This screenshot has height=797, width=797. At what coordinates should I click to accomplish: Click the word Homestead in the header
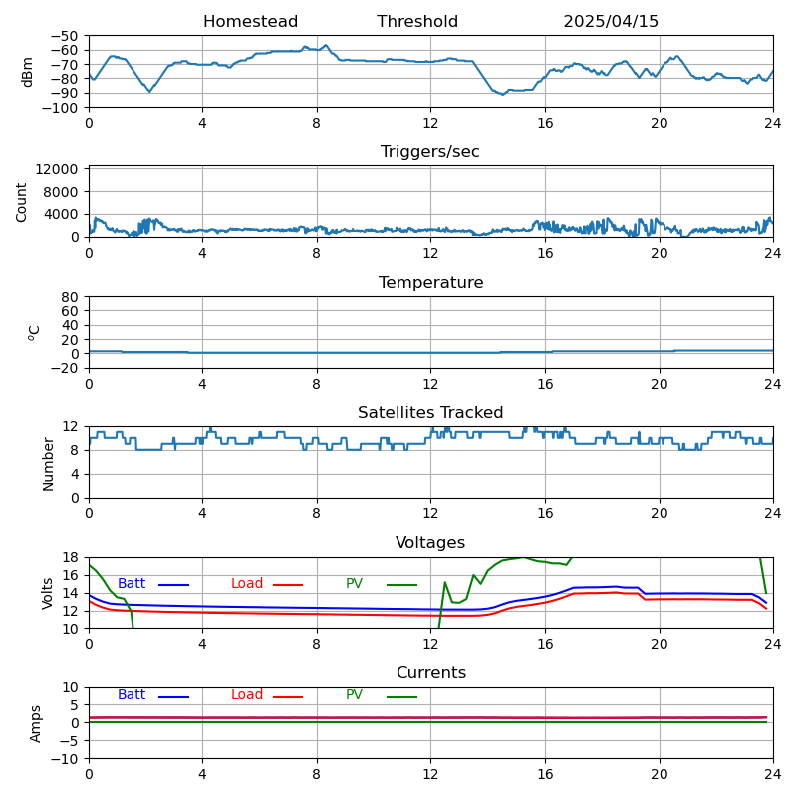tap(250, 22)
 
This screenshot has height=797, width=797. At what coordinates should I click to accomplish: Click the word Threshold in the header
tap(417, 22)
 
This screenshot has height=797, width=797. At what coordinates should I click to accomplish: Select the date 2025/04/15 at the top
tap(611, 22)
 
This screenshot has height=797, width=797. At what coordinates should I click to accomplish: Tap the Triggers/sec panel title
tap(430, 152)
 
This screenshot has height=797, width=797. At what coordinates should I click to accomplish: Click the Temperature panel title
tap(430, 283)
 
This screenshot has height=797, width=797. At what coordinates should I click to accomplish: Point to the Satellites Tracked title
tap(430, 413)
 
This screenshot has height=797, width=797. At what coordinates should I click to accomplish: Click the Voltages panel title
tap(430, 543)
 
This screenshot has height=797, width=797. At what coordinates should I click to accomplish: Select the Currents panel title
tap(430, 673)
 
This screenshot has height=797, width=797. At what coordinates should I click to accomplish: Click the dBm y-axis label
tap(28, 72)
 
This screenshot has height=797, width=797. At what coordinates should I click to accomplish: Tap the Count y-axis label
tap(22, 202)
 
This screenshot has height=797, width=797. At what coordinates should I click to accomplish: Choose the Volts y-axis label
tap(48, 593)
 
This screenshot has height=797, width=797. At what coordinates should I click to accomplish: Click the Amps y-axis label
tap(36, 723)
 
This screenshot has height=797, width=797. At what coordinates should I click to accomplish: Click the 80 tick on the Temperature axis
tap(71, 297)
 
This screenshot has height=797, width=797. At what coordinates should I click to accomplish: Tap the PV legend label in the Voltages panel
tap(354, 584)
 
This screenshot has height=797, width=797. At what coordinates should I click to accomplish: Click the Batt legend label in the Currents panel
tap(132, 695)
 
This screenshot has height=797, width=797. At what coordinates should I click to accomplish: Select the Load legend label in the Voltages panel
tap(247, 584)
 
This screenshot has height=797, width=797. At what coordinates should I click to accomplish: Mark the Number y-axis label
tap(48, 463)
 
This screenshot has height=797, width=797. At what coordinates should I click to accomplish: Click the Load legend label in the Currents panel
tap(247, 695)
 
